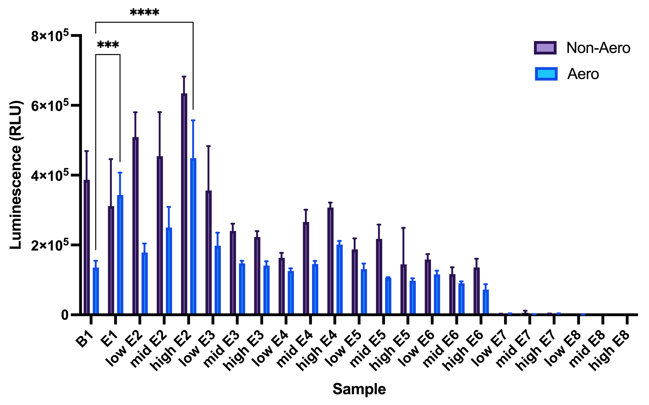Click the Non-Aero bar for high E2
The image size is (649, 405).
click(184, 204)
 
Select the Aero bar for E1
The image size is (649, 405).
click(120, 254)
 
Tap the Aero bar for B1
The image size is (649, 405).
click(96, 291)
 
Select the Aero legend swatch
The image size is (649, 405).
click(546, 74)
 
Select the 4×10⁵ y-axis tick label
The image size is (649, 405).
click(50, 175)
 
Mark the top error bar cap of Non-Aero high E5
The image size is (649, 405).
click(403, 228)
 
